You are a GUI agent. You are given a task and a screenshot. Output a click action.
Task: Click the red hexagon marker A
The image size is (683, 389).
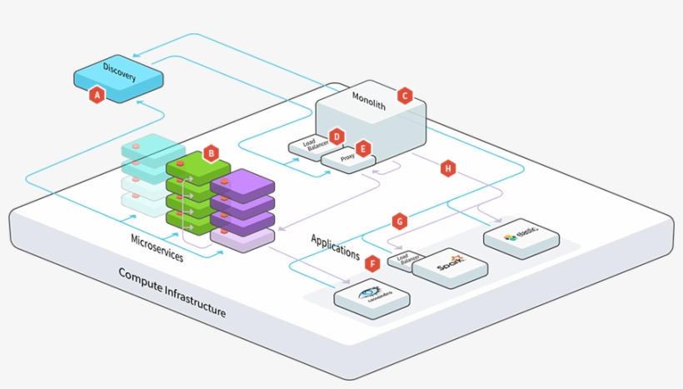[x=97, y=95]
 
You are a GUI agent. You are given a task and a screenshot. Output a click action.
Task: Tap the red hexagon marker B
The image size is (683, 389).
[x=211, y=153]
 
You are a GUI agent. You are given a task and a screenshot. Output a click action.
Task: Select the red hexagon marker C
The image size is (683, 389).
[x=405, y=95]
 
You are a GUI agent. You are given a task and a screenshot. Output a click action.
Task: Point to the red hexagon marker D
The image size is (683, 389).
[x=337, y=136]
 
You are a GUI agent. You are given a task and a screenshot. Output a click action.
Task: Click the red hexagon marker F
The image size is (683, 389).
[x=371, y=263]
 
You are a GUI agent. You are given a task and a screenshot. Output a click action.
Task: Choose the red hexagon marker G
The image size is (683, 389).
[x=400, y=222]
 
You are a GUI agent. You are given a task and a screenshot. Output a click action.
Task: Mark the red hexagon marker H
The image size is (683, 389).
[x=448, y=168]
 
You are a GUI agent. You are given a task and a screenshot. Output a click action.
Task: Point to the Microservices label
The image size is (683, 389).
[x=157, y=247]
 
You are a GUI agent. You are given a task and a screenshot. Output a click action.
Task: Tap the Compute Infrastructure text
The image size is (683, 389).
[x=172, y=292]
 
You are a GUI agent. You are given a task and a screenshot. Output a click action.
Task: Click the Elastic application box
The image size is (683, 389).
[x=521, y=238]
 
